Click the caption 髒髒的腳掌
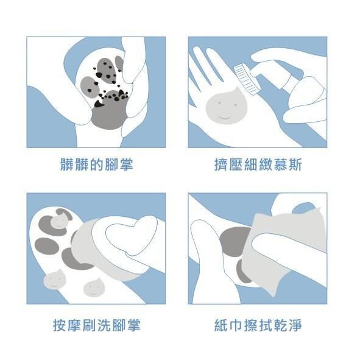(x=97, y=164)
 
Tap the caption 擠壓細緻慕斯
(x=258, y=164)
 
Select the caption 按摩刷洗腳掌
(x=97, y=325)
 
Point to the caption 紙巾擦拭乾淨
(x=258, y=325)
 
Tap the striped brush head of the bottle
(x=245, y=79)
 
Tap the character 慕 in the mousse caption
(x=280, y=164)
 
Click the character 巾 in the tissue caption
(x=236, y=325)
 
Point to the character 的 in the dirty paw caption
(x=97, y=164)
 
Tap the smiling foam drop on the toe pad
(x=59, y=221)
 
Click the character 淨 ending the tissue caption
(x=295, y=325)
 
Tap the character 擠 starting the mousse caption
(x=221, y=164)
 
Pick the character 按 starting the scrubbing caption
(x=60, y=325)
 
